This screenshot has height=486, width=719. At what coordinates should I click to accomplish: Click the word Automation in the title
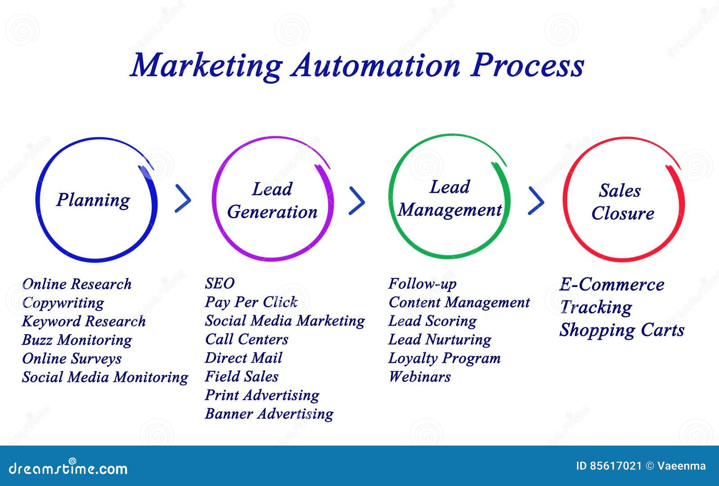click(376, 66)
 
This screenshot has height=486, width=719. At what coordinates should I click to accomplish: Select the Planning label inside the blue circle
click(93, 200)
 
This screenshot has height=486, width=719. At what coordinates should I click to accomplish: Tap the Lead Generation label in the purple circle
click(272, 200)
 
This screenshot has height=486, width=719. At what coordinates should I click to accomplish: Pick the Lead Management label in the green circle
click(449, 199)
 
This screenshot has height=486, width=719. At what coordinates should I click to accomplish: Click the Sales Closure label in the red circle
click(622, 202)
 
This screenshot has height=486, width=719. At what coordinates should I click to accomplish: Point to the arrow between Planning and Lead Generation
click(183, 198)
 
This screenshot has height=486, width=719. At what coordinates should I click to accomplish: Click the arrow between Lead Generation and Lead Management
click(357, 201)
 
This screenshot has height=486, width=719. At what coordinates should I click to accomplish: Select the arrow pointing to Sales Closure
click(536, 200)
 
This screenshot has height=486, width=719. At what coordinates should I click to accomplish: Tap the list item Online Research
click(77, 284)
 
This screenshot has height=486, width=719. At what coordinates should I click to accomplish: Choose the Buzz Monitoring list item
click(77, 340)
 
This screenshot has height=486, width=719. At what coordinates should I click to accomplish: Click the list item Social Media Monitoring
click(105, 377)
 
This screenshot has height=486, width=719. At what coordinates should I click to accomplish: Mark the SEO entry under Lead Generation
click(220, 283)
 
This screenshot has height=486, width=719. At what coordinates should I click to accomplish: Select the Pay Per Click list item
click(251, 302)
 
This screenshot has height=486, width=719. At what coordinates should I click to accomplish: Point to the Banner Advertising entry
click(269, 414)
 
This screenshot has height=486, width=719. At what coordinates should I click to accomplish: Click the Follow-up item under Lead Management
click(422, 284)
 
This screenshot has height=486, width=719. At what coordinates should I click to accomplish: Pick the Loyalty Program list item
click(444, 358)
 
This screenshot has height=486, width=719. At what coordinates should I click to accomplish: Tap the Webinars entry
click(419, 377)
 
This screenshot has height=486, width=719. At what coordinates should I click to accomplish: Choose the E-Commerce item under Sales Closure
click(612, 285)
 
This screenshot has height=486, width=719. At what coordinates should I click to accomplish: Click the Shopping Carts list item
click(622, 330)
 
